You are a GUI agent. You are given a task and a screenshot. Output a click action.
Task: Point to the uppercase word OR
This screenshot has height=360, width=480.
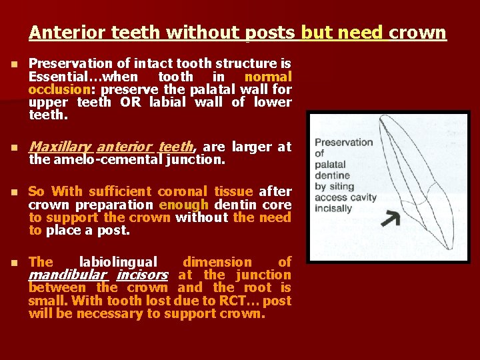[x=130, y=102]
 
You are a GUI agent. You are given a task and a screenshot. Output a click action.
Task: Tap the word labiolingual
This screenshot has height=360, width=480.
[x=119, y=262]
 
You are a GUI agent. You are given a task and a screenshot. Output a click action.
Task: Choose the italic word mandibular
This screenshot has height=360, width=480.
[x=67, y=275]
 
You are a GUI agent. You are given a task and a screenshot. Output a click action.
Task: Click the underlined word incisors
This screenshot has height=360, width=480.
[x=142, y=275]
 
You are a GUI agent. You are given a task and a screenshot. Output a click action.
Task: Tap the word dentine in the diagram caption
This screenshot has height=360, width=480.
[x=333, y=175]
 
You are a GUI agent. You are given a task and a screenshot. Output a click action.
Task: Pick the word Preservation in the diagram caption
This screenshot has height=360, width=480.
[x=343, y=142]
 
